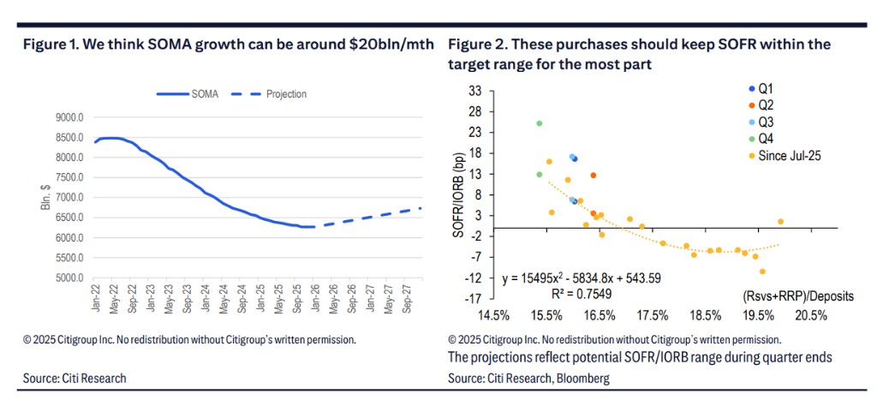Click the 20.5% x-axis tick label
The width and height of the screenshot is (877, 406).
point(810,316)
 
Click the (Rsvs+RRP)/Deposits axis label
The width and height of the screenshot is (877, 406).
point(798,296)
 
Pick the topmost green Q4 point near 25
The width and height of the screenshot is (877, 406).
point(540,123)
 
